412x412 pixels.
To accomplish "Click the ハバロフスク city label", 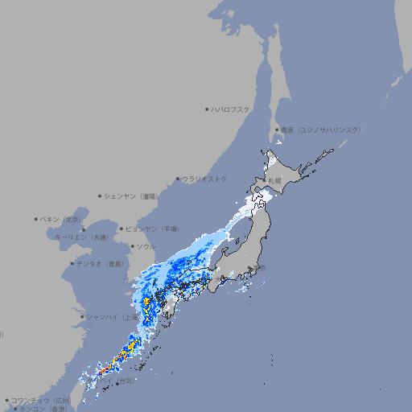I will click(231, 109).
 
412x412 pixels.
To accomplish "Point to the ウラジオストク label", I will click(205, 179).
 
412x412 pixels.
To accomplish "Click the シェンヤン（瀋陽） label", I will click(133, 196).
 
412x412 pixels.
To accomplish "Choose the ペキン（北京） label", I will click(62, 219).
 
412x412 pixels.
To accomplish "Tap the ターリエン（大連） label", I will click(81, 237).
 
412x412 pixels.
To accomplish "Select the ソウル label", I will click(146, 246).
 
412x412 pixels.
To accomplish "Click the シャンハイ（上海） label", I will click(113, 317).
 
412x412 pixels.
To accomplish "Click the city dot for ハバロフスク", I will click(207, 109).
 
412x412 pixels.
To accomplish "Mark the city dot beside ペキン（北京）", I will click(36, 219).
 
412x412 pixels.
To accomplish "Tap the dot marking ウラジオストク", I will click(178, 179).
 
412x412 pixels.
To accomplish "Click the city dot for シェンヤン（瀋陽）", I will click(100, 196).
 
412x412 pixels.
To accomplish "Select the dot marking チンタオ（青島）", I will click(72, 263).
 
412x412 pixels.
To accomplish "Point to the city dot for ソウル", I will click(133, 246).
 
